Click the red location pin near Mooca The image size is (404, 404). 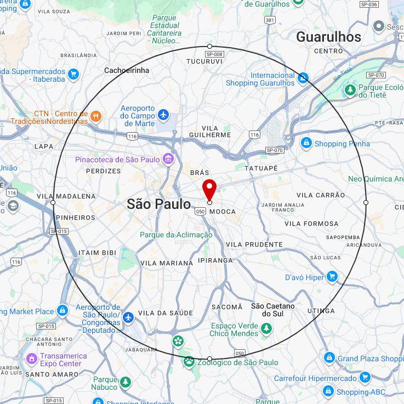(209, 189)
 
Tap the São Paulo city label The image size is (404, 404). (158, 204)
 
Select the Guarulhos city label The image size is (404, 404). (328, 37)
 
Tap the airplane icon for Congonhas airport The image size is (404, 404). (128, 317)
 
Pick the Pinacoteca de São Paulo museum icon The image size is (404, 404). (168, 160)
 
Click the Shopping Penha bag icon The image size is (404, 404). (306, 144)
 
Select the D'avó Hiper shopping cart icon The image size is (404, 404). (332, 277)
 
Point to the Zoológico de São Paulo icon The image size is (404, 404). (189, 362)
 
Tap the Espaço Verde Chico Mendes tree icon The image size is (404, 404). (266, 328)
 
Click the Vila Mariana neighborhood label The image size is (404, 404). (167, 263)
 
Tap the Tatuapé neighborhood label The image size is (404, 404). (261, 168)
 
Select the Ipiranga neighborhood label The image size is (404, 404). (215, 260)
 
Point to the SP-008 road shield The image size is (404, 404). (214, 54)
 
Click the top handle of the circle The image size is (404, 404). (209, 46)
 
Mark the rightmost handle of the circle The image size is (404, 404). (366, 202)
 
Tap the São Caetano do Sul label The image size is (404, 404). (273, 310)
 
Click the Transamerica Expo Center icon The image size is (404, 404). (32, 359)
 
